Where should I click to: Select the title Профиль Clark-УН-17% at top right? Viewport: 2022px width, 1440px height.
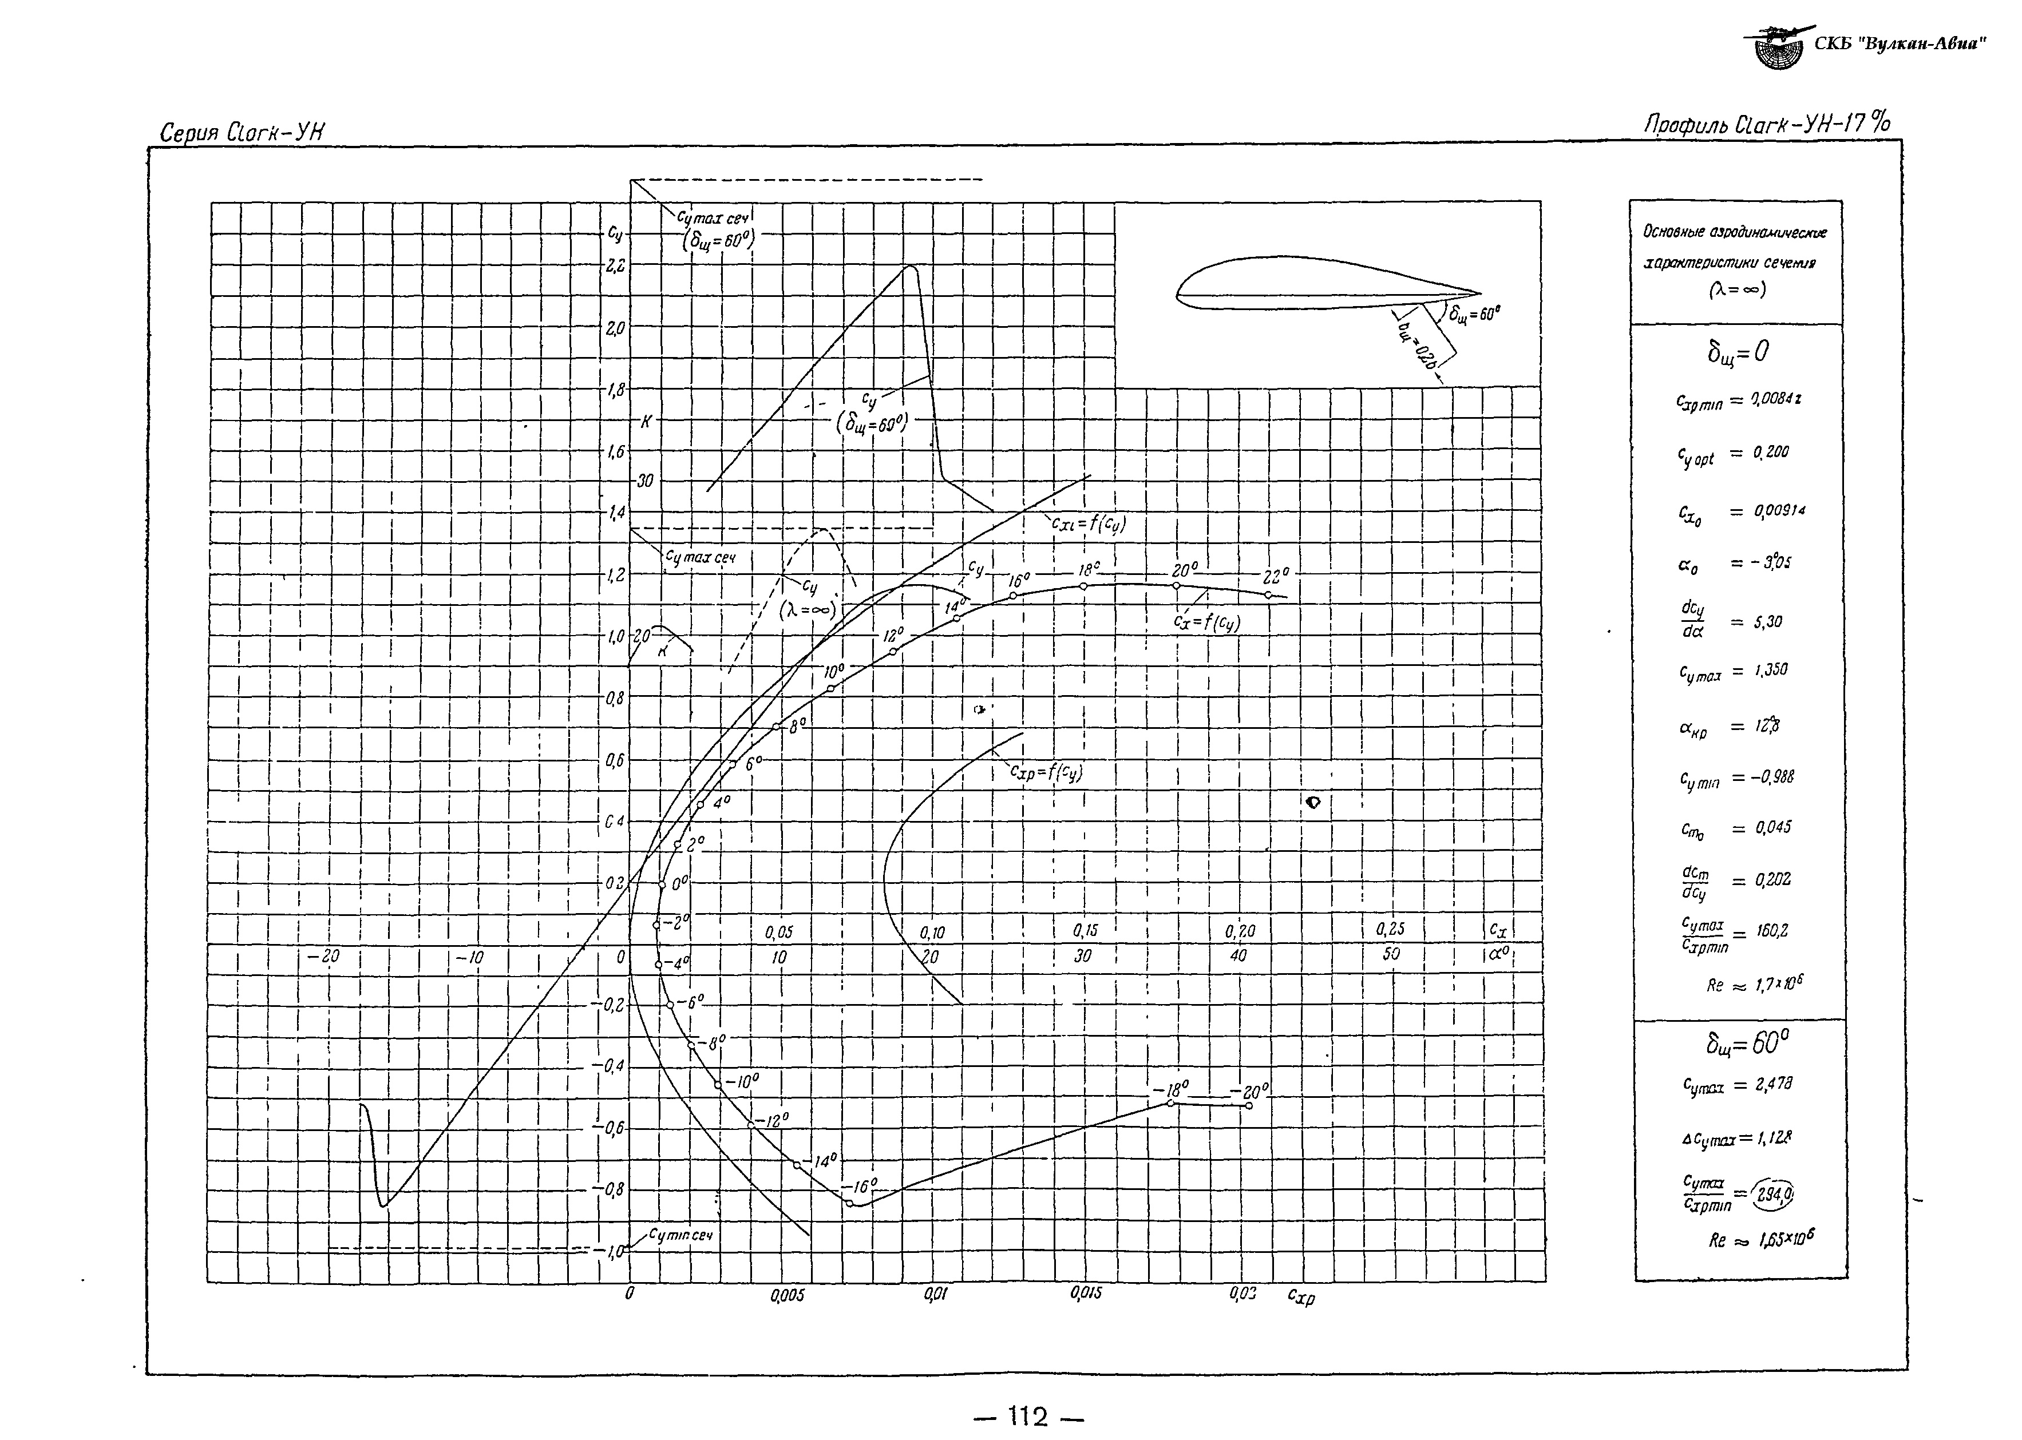[x=1767, y=124]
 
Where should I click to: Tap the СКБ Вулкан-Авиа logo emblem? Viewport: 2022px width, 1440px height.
[x=1778, y=49]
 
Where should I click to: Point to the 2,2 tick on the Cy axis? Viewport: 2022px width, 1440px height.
[x=615, y=265]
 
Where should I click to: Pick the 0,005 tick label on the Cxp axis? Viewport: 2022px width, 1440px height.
[x=786, y=1295]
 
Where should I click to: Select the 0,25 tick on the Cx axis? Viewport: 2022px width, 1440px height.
[x=1391, y=929]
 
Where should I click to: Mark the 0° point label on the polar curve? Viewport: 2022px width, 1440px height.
[x=679, y=884]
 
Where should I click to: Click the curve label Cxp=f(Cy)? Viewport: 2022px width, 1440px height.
[x=1046, y=772]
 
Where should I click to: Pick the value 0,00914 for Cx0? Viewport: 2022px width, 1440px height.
[x=1779, y=511]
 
